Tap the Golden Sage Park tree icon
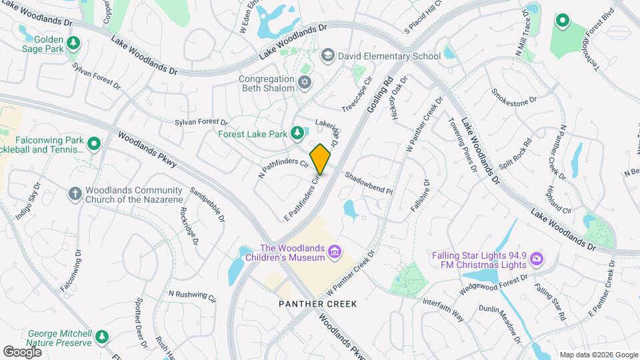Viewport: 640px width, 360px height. (73, 44)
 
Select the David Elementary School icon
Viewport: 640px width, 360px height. (327, 55)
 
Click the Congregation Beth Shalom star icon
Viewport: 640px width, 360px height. (305, 83)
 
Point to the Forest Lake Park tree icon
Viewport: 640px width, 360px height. (297, 134)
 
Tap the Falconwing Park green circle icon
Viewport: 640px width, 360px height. (94, 143)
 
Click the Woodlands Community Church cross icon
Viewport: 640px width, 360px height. (75, 193)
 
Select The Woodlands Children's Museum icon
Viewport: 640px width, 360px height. (335, 252)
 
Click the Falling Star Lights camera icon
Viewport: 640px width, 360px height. (537, 259)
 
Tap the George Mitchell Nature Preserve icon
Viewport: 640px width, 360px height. (101, 337)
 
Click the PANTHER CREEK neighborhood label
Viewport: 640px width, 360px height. (318, 304)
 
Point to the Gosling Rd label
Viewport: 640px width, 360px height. (379, 91)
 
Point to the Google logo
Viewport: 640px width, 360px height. (22, 351)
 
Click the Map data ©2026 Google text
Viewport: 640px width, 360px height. (598, 355)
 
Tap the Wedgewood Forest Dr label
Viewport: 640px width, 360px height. (493, 285)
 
